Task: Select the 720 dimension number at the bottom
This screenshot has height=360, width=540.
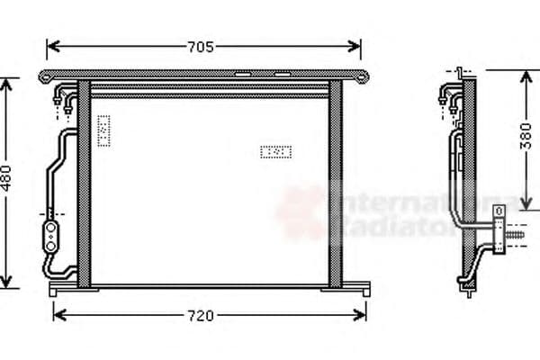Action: coord(201,316)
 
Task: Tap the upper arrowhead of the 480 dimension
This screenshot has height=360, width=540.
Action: coord(8,84)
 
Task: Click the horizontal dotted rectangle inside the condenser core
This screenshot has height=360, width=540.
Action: coord(276,152)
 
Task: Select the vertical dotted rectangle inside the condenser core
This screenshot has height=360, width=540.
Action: coord(103,130)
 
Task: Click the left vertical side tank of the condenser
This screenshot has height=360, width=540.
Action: coord(84,184)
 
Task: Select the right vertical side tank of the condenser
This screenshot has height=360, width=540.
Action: coord(336,184)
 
